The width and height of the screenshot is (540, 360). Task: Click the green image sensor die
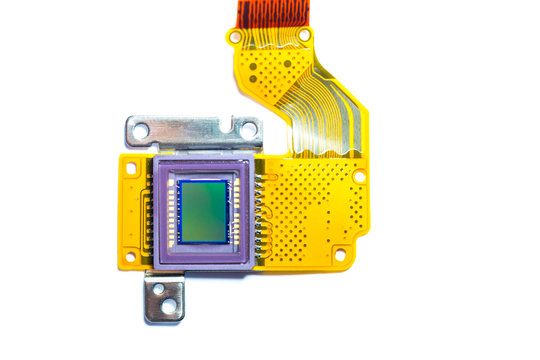click(204, 211)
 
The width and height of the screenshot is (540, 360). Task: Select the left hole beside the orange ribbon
click(235, 37)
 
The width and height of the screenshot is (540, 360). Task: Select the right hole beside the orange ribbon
click(304, 35)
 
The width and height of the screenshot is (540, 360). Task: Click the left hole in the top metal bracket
click(141, 130)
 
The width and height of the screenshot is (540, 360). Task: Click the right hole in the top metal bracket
click(247, 129)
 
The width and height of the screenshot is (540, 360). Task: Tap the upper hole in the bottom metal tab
click(158, 289)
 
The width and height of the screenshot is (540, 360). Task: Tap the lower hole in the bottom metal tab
click(169, 306)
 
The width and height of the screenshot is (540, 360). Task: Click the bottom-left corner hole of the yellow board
click(130, 257)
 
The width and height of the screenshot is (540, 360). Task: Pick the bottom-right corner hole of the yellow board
click(340, 255)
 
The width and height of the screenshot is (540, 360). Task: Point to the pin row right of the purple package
click(260, 215)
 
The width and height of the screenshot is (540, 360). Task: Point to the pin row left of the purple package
click(147, 215)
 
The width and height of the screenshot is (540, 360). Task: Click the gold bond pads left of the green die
click(171, 212)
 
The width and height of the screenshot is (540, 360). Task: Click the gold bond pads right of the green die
click(236, 212)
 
